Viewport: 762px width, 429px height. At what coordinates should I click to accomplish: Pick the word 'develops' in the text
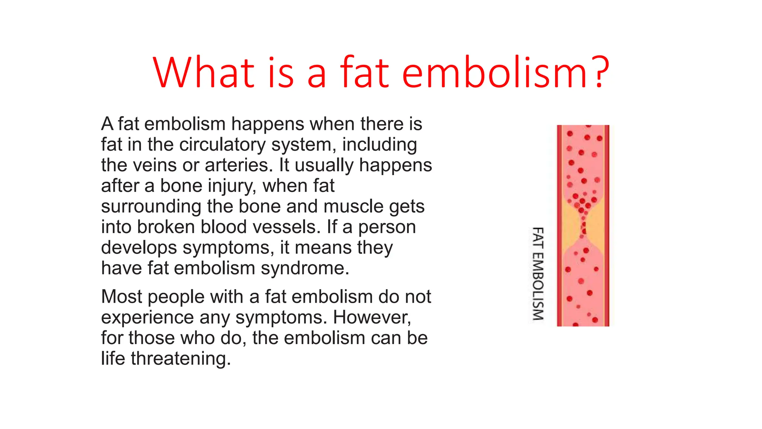139,248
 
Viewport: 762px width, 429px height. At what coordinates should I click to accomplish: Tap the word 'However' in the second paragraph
372,317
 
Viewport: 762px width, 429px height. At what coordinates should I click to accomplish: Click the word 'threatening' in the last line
180,359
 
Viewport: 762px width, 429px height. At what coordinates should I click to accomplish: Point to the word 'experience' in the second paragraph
147,318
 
